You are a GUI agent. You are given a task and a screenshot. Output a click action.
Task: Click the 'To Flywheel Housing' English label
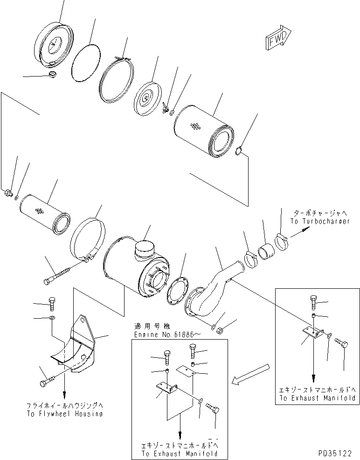65,413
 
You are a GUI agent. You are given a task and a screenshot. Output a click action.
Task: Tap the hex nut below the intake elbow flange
222,331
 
